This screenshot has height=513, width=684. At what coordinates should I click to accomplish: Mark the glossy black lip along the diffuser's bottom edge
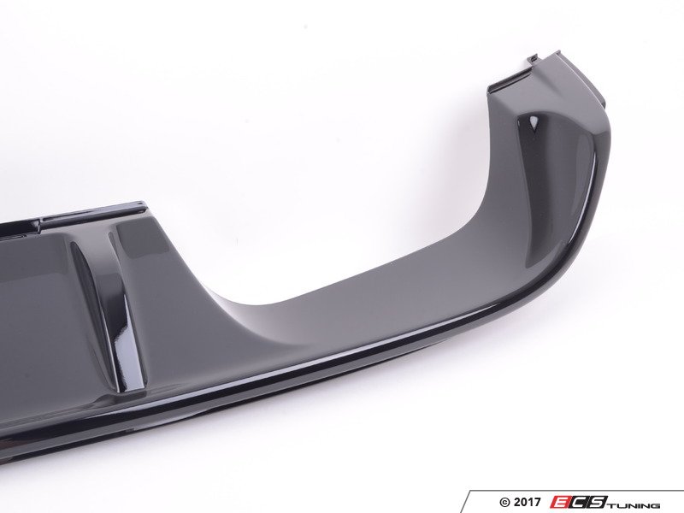[x=427, y=359]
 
